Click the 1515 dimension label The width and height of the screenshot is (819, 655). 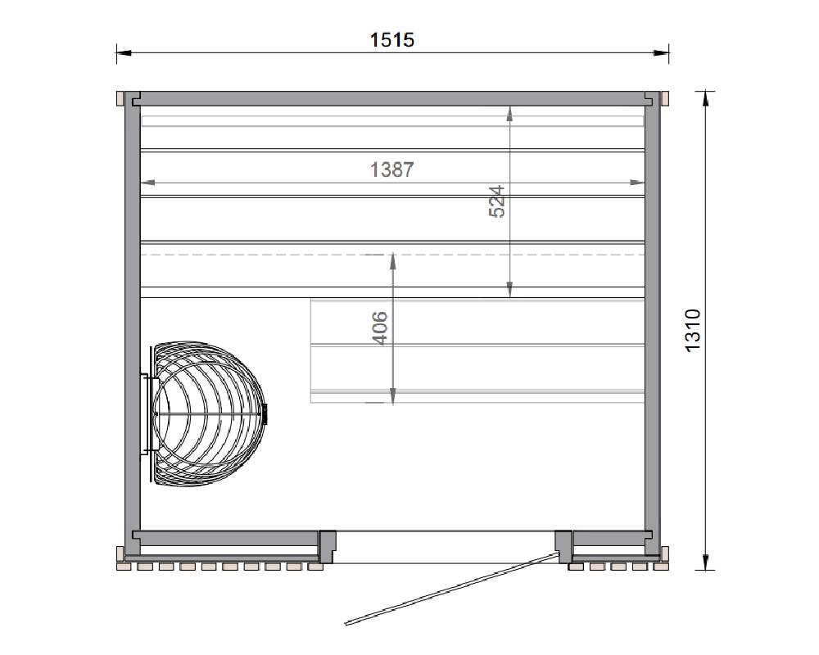(x=391, y=40)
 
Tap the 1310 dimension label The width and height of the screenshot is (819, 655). (x=693, y=331)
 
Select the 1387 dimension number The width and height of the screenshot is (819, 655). (x=391, y=169)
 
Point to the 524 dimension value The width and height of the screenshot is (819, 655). (x=497, y=201)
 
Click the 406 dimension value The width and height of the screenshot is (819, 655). (x=380, y=328)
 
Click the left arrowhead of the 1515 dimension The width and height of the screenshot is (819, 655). (x=124, y=52)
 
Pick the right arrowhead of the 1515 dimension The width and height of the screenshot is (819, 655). (x=661, y=52)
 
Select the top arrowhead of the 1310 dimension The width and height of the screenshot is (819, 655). (x=705, y=97)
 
